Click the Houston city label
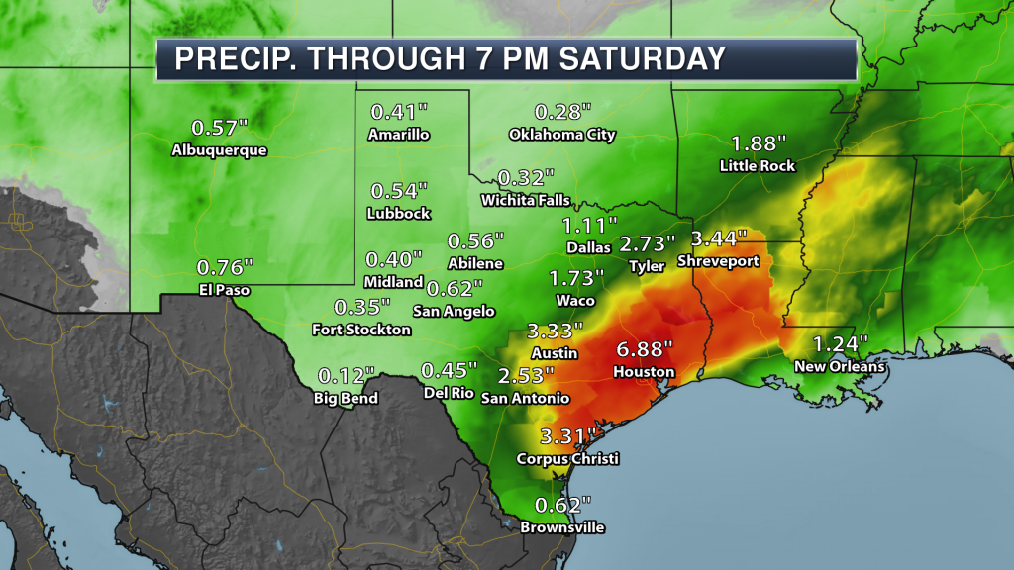tap(643, 373)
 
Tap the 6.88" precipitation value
tap(645, 350)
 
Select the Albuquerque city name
tap(219, 150)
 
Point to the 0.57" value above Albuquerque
tap(219, 127)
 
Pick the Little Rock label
tap(758, 166)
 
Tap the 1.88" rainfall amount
tap(758, 142)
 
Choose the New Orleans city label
tap(840, 367)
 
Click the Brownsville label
tap(562, 527)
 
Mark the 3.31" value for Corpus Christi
tap(568, 436)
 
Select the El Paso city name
tap(223, 290)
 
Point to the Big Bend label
tap(348, 399)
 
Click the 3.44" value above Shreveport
tap(720, 238)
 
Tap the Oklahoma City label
tap(562, 135)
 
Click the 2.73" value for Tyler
tap(648, 242)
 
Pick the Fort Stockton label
tap(360, 329)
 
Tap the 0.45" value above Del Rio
tap(449, 370)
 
